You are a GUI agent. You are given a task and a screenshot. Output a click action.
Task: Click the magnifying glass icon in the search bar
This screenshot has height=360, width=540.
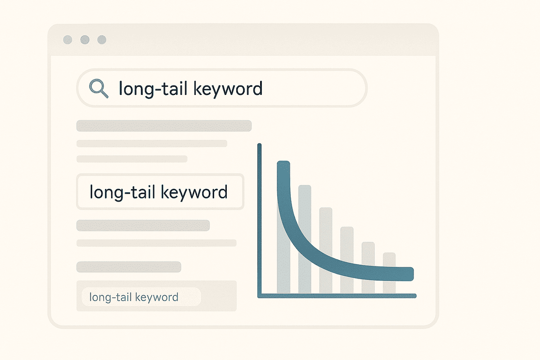pyautogui.click(x=99, y=88)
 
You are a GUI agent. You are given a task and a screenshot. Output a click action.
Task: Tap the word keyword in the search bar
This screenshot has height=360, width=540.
pyautogui.click(x=228, y=89)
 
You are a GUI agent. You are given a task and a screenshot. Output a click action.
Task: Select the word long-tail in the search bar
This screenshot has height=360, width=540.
pyautogui.click(x=153, y=89)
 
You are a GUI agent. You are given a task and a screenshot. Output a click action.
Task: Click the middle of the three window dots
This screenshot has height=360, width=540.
pyautogui.click(x=85, y=40)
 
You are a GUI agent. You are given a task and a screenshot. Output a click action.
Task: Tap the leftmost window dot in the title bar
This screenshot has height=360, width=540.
pyautogui.click(x=67, y=40)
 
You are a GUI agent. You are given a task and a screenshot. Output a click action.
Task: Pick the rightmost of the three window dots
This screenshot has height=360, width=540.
pyautogui.click(x=102, y=40)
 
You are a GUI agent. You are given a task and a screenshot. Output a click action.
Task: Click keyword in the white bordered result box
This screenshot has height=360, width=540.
pyautogui.click(x=194, y=193)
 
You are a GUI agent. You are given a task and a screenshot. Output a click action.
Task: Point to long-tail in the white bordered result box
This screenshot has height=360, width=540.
pyautogui.click(x=122, y=193)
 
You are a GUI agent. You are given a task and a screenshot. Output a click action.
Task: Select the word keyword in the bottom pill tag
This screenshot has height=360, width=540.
pyautogui.click(x=157, y=297)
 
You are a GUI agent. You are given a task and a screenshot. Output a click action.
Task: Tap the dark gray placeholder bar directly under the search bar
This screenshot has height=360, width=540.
pyautogui.click(x=164, y=126)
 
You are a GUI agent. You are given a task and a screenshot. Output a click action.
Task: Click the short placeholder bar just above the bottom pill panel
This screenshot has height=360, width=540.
pyautogui.click(x=129, y=267)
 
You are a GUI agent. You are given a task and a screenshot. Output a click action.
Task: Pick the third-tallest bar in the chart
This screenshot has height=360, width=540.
pyautogui.click(x=326, y=250)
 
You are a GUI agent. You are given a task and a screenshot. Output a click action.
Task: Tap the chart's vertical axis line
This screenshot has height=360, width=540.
pyautogui.click(x=259, y=220)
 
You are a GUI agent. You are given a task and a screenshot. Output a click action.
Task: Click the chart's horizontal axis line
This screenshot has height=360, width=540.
pyautogui.click(x=337, y=296)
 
